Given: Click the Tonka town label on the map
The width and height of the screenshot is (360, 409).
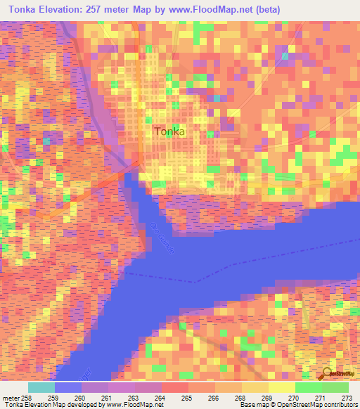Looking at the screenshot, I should point(169,131).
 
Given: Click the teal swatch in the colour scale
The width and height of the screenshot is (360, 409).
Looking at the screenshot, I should point(41,387).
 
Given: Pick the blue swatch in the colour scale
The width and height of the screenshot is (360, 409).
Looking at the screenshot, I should point(67,387).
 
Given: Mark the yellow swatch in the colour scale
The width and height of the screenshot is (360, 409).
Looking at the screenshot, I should point(281,387).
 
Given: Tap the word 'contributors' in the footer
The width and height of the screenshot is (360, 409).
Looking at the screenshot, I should point(338,405).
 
